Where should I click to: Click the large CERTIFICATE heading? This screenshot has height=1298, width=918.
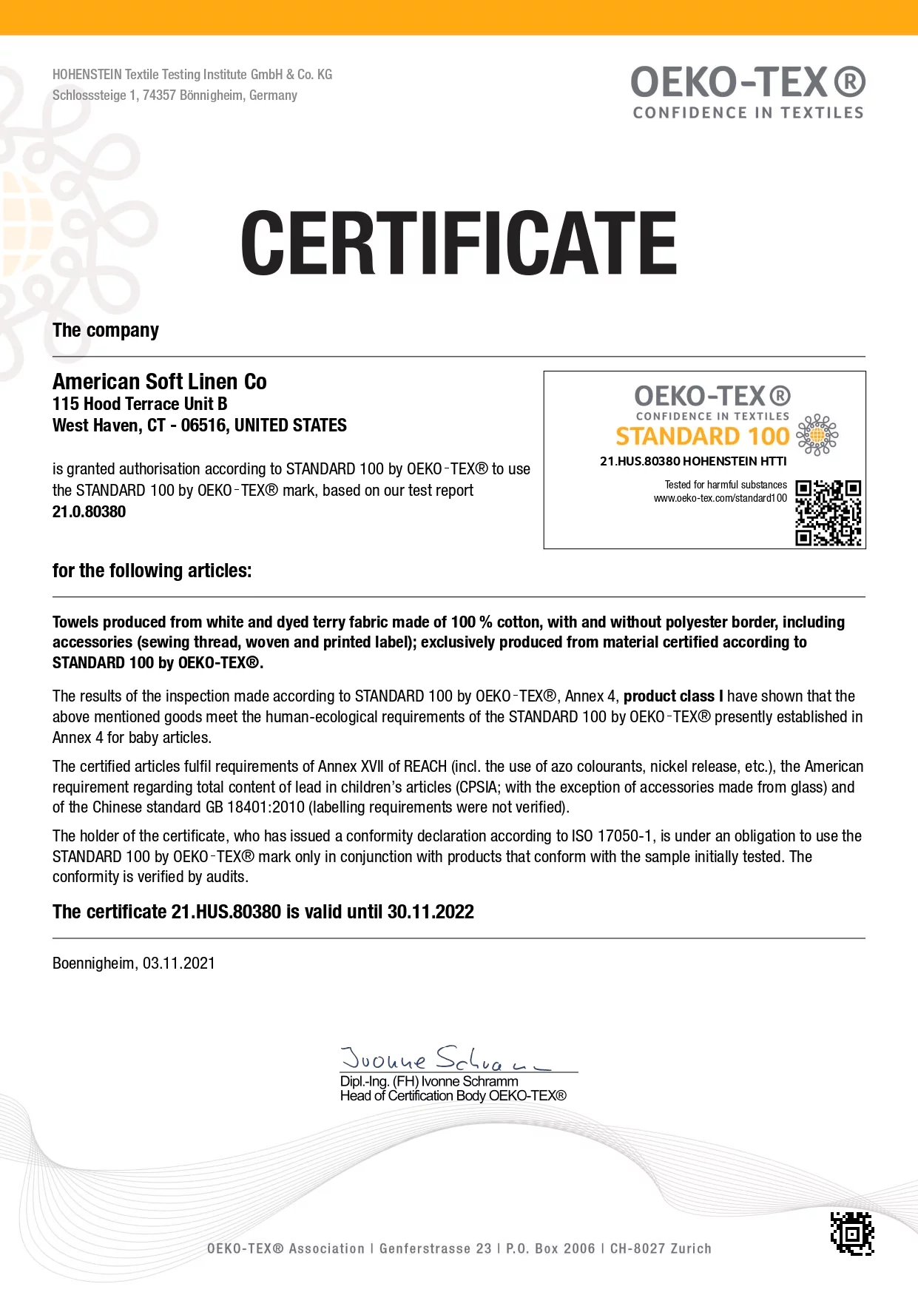point(459,242)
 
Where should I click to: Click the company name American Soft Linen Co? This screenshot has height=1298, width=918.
point(160,382)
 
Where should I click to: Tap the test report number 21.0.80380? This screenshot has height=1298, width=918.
point(89,512)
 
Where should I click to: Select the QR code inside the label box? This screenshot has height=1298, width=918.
point(828,513)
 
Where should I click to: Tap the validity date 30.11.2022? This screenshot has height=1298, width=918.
point(431,912)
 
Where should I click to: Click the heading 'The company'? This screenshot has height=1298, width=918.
point(106,331)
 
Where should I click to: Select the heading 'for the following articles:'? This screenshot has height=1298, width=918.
point(152,571)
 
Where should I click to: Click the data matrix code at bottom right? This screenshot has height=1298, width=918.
point(852,1234)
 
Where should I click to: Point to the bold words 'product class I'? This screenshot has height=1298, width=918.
point(673,696)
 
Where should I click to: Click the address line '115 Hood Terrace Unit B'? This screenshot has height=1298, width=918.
point(140,404)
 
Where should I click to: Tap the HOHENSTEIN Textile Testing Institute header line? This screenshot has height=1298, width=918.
point(192,75)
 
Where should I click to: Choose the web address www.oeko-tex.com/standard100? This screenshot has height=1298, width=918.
point(720,499)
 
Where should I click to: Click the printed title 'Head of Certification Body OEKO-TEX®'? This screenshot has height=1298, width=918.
point(453,1096)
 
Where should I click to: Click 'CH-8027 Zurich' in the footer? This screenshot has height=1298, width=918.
point(661,1249)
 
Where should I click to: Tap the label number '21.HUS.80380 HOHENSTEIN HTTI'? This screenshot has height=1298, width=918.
point(693,462)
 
